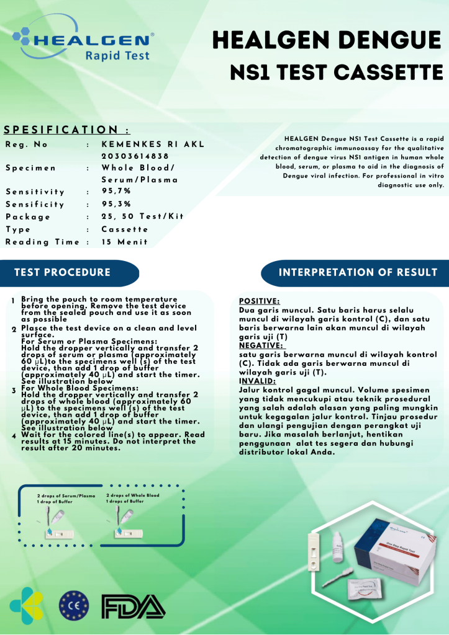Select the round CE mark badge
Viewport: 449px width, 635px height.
pyautogui.click(x=74, y=606)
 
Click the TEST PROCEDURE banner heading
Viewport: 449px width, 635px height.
pyautogui.click(x=62, y=272)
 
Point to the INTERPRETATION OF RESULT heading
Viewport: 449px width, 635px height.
pyautogui.click(x=358, y=272)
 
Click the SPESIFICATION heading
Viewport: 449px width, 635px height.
pyautogui.click(x=66, y=130)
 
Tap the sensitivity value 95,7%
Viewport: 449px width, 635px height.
pyautogui.click(x=116, y=192)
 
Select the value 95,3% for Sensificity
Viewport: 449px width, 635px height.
pyautogui.click(x=116, y=204)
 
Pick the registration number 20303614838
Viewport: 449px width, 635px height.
pyautogui.click(x=135, y=156)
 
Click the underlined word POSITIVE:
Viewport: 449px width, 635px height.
pyautogui.click(x=259, y=301)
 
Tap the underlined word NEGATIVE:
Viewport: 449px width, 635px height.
pyautogui.click(x=261, y=345)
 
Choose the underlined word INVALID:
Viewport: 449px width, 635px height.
pyautogui.click(x=257, y=381)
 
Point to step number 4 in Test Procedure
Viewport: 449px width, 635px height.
pyautogui.click(x=12, y=436)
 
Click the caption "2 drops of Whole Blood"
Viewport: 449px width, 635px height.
pyautogui.click(x=132, y=495)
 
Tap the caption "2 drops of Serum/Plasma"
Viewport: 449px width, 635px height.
pyautogui.click(x=66, y=496)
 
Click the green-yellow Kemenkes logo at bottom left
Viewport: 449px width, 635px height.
pyautogui.click(x=27, y=605)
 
